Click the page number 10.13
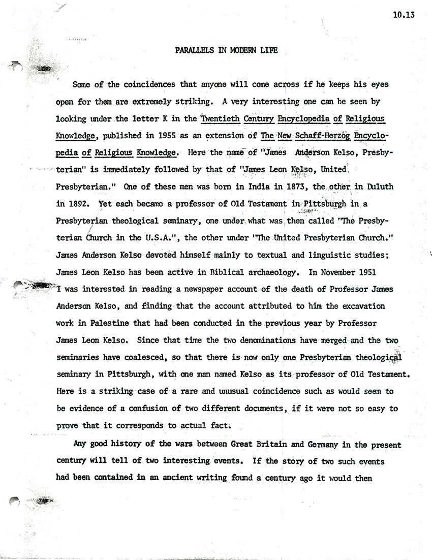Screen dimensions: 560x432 (404, 15)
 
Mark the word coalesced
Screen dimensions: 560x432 (138, 358)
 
